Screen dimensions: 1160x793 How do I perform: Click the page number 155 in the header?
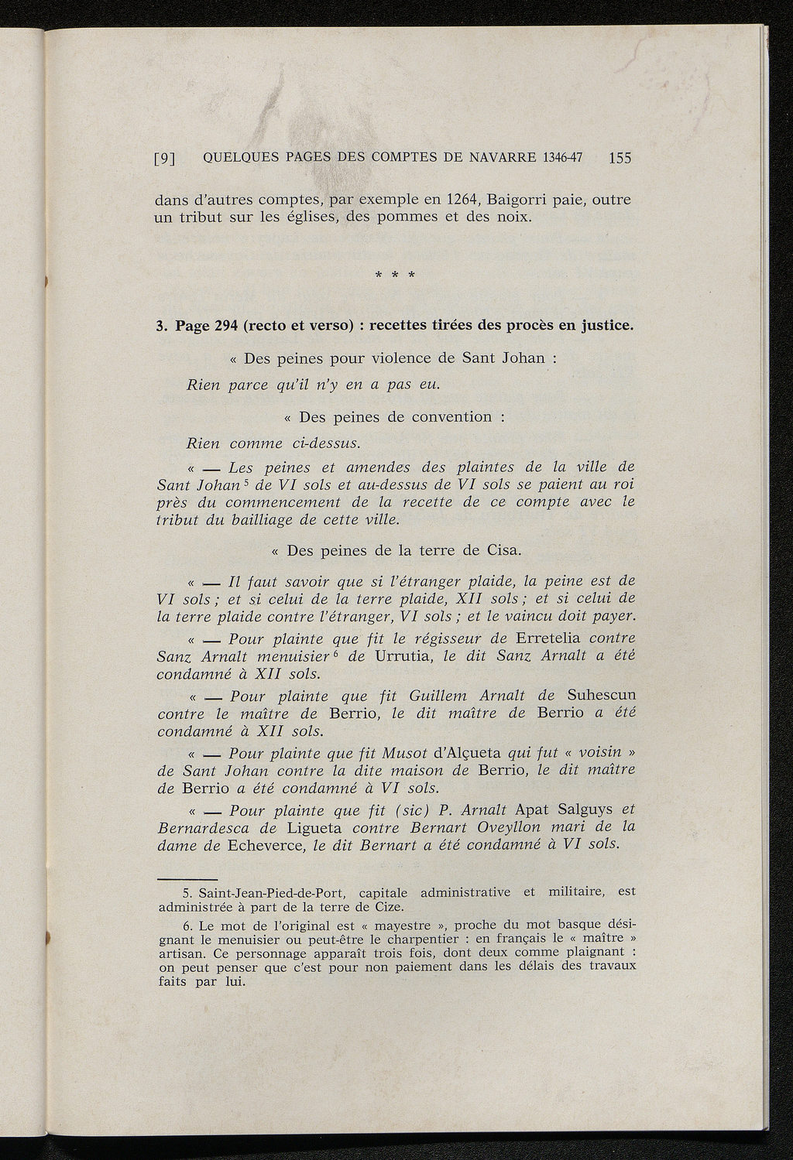pyautogui.click(x=620, y=158)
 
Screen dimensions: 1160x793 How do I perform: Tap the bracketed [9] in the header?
pyautogui.click(x=164, y=159)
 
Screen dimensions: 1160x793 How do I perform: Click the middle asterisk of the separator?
pyautogui.click(x=395, y=275)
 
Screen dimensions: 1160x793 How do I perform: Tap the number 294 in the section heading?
pyautogui.click(x=222, y=325)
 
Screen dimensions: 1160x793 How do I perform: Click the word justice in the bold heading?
pyautogui.click(x=606, y=325)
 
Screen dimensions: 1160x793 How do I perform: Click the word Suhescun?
pyautogui.click(x=601, y=695)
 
